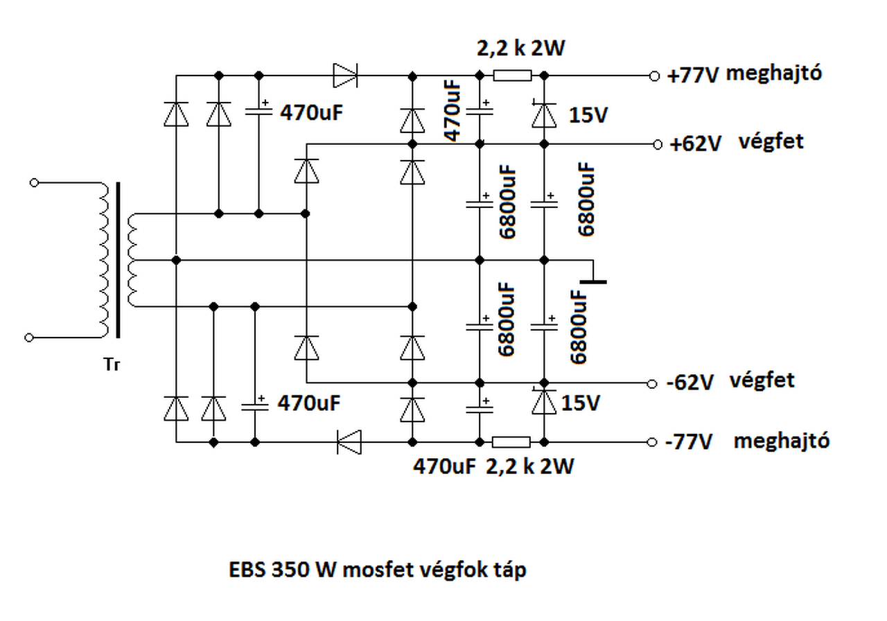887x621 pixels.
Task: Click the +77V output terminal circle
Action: (655, 76)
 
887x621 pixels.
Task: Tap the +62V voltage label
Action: (695, 143)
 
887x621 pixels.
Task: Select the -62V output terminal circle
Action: (652, 384)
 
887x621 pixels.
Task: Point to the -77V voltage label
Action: (690, 442)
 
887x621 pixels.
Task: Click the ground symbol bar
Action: (593, 282)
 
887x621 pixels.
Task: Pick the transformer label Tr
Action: (112, 365)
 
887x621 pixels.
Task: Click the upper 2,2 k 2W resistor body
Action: (512, 76)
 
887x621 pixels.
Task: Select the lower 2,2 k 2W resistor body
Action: (511, 442)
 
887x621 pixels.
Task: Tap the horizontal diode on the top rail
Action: (345, 76)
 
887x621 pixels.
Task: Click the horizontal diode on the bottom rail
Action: (349, 442)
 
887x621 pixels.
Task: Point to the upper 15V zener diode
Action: (544, 115)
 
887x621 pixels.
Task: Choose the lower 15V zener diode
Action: (544, 401)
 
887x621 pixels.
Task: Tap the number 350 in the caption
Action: (290, 570)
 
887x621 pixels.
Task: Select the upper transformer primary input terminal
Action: (35, 182)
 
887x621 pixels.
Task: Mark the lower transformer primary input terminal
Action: (29, 338)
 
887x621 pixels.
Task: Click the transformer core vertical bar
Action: (118, 260)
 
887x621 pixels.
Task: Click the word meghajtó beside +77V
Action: (774, 73)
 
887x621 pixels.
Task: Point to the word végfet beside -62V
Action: (762, 381)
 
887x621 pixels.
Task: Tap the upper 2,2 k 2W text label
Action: (520, 49)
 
